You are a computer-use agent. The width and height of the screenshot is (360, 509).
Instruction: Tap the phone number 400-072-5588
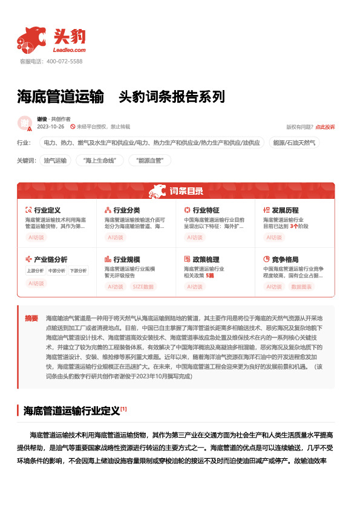[x=64, y=62]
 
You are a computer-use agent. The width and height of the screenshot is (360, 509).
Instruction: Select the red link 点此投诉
[x=325, y=127]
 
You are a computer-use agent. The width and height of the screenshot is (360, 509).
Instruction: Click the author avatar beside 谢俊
[x=25, y=123]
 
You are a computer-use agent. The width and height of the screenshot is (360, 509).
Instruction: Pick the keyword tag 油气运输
[x=55, y=160]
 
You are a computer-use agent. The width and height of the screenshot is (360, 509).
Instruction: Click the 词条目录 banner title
[x=187, y=192]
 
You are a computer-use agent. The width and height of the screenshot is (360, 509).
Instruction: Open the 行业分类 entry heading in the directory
[x=126, y=210]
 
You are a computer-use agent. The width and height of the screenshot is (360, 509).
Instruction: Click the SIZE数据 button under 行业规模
[x=143, y=286]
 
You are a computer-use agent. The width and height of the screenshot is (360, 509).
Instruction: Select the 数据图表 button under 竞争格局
[x=302, y=286]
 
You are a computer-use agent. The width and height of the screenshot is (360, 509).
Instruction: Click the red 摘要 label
[x=31, y=317]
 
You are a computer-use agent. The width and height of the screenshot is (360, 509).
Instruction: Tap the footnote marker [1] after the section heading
[x=123, y=409]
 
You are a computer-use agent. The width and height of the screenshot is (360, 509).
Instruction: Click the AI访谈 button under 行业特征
[x=195, y=238]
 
